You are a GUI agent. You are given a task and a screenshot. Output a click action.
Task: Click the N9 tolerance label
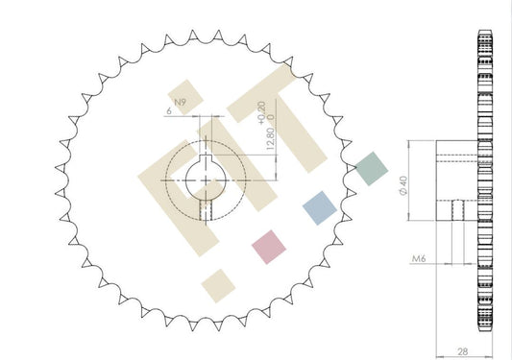coord(180,102)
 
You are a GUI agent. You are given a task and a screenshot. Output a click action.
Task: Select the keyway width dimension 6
coord(169,111)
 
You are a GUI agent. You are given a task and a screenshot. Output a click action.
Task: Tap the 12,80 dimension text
coord(270,139)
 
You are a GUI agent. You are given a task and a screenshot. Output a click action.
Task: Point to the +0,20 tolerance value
coord(261,113)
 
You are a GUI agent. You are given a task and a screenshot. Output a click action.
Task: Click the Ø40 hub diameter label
coord(403,185)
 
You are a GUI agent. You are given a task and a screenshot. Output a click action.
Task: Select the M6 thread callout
coord(419,258)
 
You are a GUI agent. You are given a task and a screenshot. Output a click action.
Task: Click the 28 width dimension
coord(463,351)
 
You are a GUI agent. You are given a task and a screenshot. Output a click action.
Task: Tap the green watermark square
coord(372,168)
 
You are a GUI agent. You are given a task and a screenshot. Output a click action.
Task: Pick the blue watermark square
coord(319,208)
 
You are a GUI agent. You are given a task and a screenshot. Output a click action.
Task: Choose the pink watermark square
coord(269,247)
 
